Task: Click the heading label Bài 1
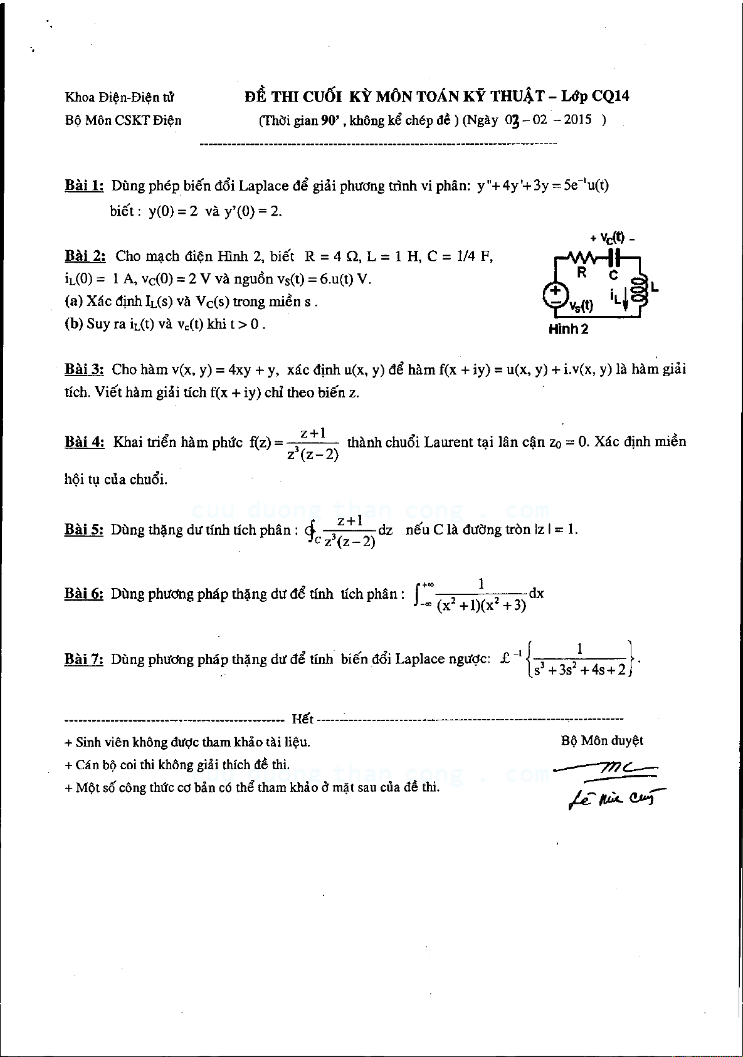click(84, 186)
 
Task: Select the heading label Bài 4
click(84, 442)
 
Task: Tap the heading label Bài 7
click(84, 659)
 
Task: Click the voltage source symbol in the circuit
click(556, 295)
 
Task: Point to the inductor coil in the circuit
click(640, 289)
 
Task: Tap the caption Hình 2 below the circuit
click(568, 329)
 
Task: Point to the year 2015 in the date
click(577, 120)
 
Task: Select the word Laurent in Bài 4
click(449, 442)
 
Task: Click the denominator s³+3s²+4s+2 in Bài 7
click(579, 670)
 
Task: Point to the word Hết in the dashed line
click(303, 719)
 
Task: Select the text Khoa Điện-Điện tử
click(120, 97)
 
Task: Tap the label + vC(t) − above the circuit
click(612, 238)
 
